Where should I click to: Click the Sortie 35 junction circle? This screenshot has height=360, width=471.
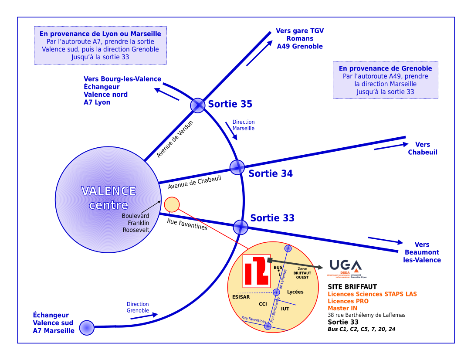point(197,105)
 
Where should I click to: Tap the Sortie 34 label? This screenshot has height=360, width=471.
point(271,173)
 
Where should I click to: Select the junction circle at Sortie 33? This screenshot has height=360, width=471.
point(241,227)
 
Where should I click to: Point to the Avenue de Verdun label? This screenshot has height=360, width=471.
point(175,139)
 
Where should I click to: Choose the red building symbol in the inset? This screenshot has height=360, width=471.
point(256,271)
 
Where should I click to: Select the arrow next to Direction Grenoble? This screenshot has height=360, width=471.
point(144,316)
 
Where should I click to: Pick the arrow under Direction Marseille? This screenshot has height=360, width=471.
point(231,131)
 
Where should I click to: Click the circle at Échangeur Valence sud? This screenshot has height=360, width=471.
point(87,327)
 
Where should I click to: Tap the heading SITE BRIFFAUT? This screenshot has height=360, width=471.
point(352,287)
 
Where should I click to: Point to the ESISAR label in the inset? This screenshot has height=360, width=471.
point(241,297)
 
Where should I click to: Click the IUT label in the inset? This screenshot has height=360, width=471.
point(285,309)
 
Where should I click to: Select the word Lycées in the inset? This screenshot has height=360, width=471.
point(295,292)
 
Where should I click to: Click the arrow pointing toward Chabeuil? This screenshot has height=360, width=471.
point(391,146)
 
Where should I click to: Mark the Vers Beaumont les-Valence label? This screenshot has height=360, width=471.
point(422,252)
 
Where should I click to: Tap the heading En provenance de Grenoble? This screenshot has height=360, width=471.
point(385,68)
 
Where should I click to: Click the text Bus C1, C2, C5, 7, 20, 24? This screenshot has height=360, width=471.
point(361,329)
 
